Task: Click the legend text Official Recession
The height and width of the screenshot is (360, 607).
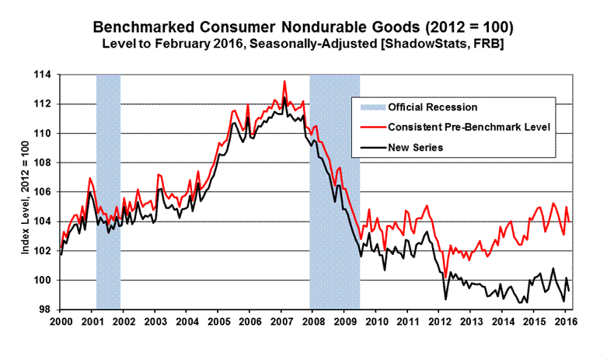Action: [x=432, y=107]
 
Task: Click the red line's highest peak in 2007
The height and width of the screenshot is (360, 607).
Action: [x=284, y=81]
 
